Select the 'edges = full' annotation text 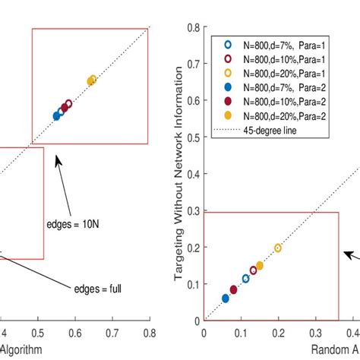(97, 288)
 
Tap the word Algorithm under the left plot (18, 349)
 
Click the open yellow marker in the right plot (278, 248)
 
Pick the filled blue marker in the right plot (226, 298)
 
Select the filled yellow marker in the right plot (260, 266)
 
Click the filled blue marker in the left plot (56, 115)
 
